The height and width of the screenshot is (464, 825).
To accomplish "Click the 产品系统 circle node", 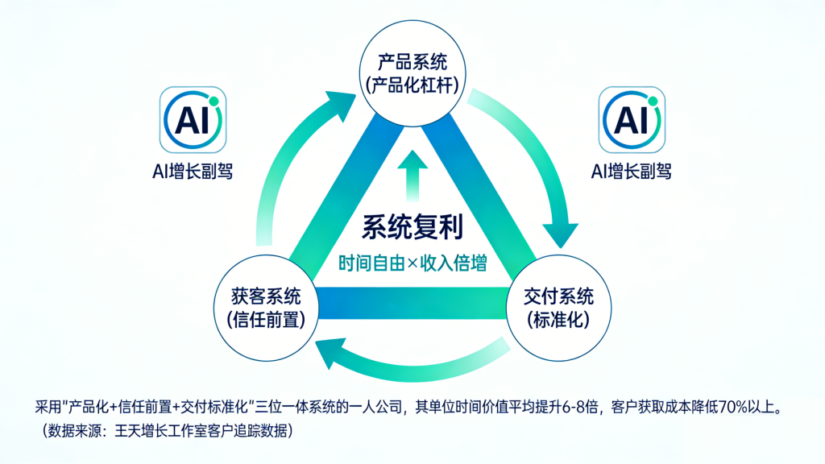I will pyautogui.click(x=412, y=73).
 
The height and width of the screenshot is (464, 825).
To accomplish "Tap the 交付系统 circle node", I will pyautogui.click(x=558, y=307).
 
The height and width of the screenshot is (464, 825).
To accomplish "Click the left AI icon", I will pyautogui.click(x=193, y=120).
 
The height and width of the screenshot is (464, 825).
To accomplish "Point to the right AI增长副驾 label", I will pyautogui.click(x=631, y=171).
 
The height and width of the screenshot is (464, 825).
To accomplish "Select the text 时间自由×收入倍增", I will pyautogui.click(x=412, y=263).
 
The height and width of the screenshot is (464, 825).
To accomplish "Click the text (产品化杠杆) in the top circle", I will pyautogui.click(x=412, y=85).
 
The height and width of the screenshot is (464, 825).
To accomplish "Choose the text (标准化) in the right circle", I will pyautogui.click(x=558, y=319).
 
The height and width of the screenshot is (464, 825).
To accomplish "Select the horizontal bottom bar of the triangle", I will pyautogui.click(x=412, y=300).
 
